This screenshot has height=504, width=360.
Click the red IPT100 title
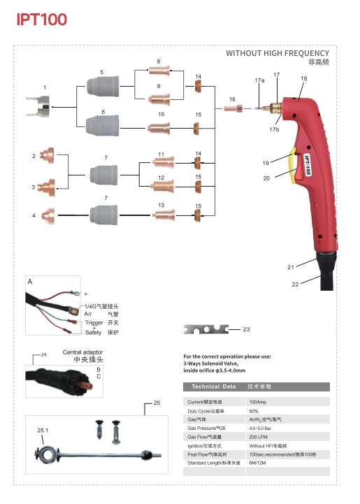tap(42, 20)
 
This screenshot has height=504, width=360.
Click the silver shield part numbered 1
tap(38, 106)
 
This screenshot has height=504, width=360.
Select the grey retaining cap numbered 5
tap(103, 86)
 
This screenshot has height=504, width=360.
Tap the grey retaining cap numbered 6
tap(103, 126)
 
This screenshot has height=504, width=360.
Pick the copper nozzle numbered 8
tap(159, 70)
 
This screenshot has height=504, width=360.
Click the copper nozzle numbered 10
tap(159, 128)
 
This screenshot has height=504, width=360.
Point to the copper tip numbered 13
tap(164, 215)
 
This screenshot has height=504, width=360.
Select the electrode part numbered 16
tap(233, 108)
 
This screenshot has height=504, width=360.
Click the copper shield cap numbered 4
tap(48, 216)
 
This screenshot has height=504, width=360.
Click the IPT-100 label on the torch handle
tap(308, 165)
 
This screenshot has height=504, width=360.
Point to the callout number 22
tap(295, 284)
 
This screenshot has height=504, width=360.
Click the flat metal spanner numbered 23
tap(206, 329)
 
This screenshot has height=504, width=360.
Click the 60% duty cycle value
tap(254, 411)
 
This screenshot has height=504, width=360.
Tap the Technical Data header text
tap(213, 387)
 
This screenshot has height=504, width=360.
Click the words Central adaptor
tap(82, 352)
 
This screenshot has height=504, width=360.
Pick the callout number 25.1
tap(43, 430)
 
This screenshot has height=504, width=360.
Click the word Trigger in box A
tap(94, 322)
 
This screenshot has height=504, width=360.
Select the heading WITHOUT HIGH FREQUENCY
tap(278, 53)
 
